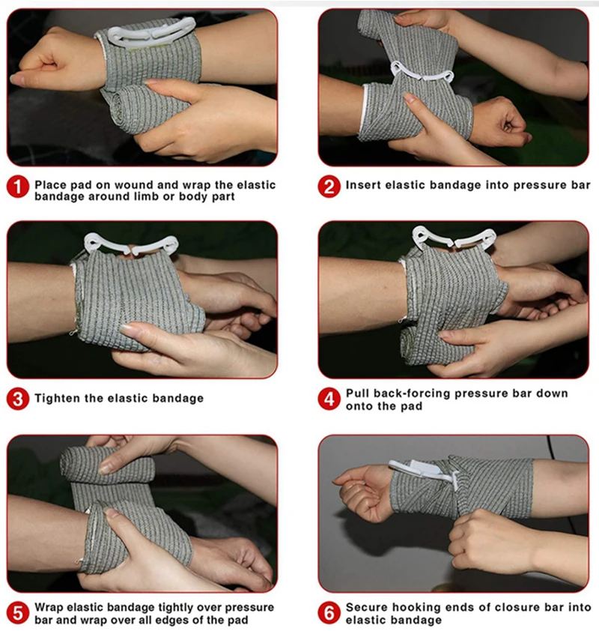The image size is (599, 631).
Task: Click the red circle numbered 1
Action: click(x=18, y=187)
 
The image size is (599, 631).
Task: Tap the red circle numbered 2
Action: click(x=329, y=187)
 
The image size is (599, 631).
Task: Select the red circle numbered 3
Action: click(x=18, y=399)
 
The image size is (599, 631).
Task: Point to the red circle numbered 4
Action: click(x=329, y=399)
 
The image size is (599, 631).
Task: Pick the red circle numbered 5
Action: click(x=18, y=613)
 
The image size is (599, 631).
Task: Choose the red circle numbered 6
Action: click(x=329, y=613)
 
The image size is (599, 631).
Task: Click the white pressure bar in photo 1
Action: click(x=150, y=33)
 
